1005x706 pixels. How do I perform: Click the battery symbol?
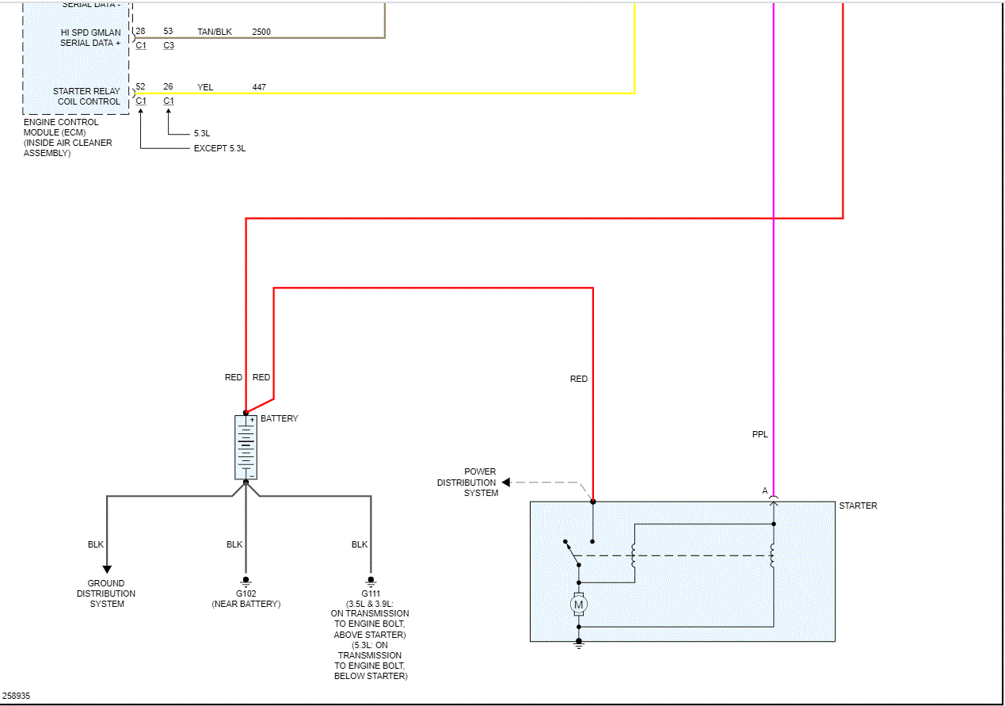point(246,447)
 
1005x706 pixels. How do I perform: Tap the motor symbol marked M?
point(578,605)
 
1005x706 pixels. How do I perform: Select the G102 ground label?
point(246,593)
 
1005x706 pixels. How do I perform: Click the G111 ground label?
point(371,593)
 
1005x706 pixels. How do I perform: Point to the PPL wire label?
point(760,434)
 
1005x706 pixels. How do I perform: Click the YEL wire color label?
point(205,87)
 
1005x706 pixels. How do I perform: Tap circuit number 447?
point(259,87)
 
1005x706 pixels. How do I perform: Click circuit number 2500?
point(261,32)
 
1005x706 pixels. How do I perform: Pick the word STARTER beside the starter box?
point(858,506)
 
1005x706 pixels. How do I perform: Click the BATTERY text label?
point(279,418)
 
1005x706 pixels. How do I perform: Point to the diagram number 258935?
point(16,696)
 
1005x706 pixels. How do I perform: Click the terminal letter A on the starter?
point(765,491)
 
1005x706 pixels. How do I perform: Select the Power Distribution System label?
point(467,482)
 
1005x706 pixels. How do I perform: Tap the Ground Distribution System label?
point(106,593)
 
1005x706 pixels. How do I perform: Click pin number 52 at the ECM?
point(140,86)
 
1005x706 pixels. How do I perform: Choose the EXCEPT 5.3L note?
point(219,148)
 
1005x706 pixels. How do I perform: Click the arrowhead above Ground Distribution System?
point(106,569)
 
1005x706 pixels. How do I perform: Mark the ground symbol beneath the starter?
point(578,645)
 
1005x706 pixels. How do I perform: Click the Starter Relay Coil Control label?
point(86,96)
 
